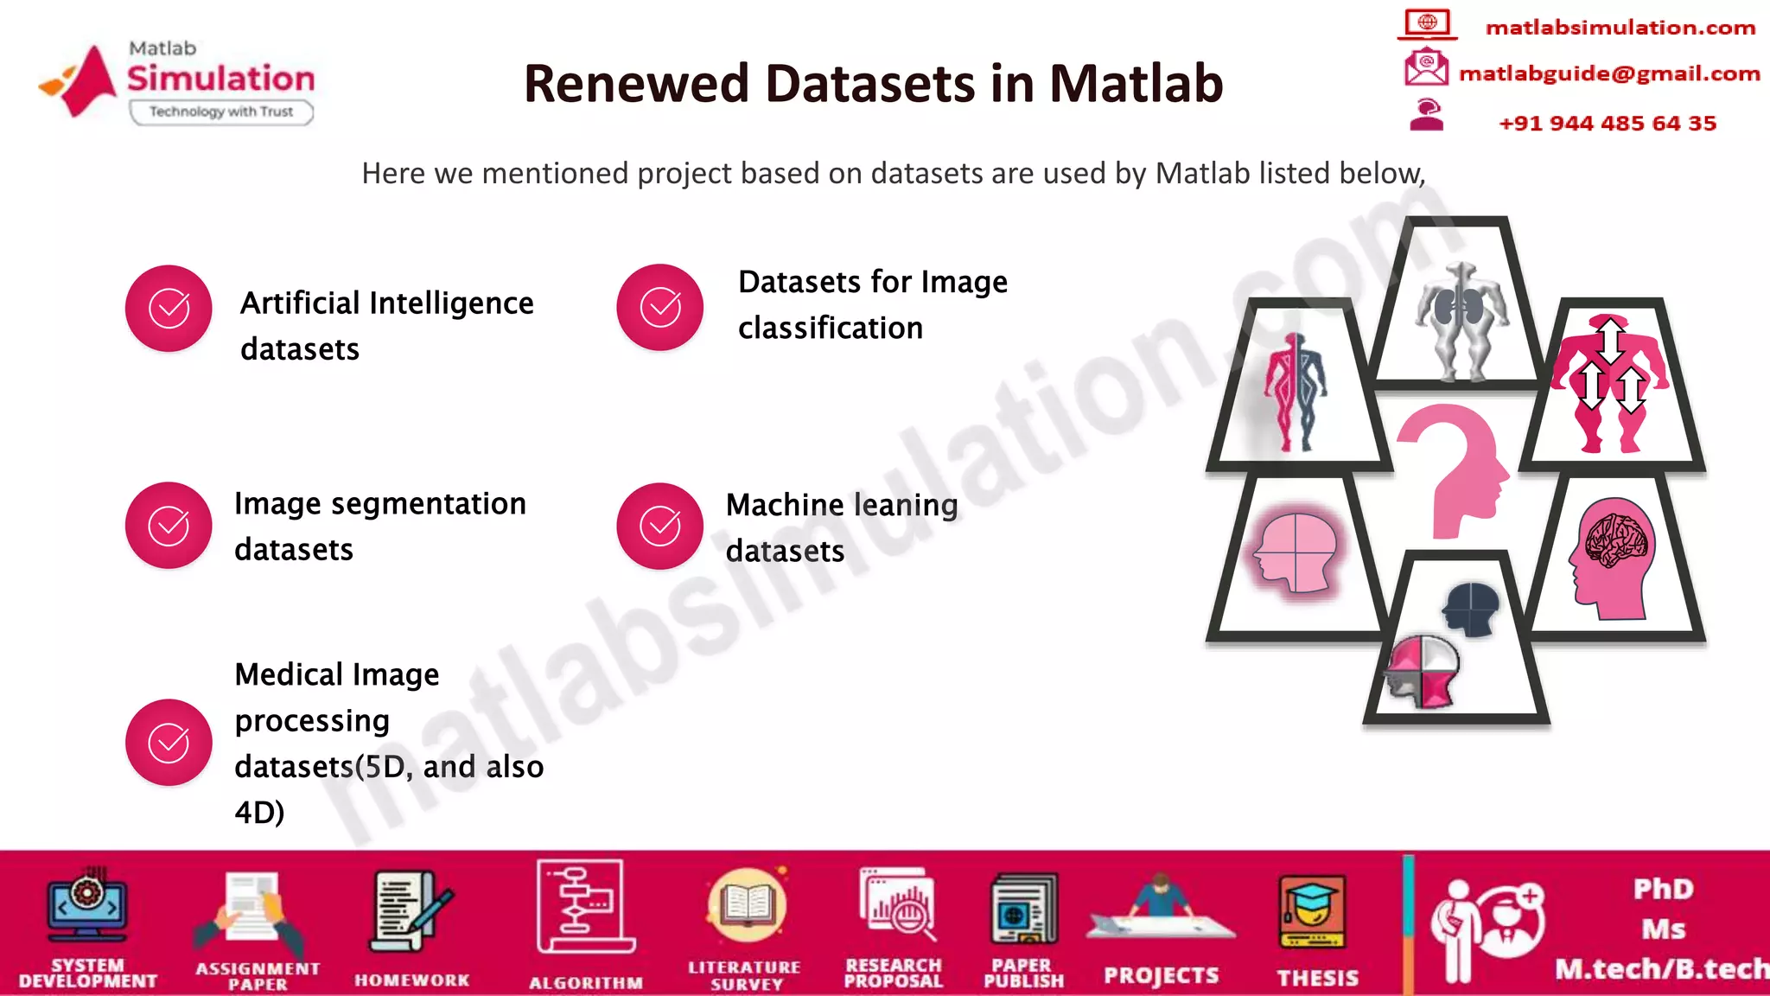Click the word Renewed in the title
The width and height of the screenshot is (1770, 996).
(636, 84)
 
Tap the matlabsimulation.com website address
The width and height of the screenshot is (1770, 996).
(1620, 28)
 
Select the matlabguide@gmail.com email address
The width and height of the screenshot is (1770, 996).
(1609, 73)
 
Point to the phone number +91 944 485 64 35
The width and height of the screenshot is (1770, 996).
(1608, 123)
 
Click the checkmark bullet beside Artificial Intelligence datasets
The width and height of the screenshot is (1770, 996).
(169, 309)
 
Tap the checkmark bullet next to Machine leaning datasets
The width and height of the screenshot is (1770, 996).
(659, 526)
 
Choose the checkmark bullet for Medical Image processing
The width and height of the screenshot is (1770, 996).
(169, 743)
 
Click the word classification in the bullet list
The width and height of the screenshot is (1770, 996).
(830, 329)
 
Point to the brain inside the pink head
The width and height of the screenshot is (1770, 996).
(1615, 540)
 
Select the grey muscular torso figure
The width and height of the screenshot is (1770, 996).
(1461, 320)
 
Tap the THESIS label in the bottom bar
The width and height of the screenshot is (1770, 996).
(1317, 978)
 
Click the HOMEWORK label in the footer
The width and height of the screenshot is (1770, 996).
(411, 980)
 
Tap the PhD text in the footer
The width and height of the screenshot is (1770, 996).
(1663, 889)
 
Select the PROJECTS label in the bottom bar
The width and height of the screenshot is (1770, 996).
(1161, 976)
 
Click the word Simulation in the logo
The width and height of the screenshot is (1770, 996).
(221, 79)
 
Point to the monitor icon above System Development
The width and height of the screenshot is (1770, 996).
(87, 908)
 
